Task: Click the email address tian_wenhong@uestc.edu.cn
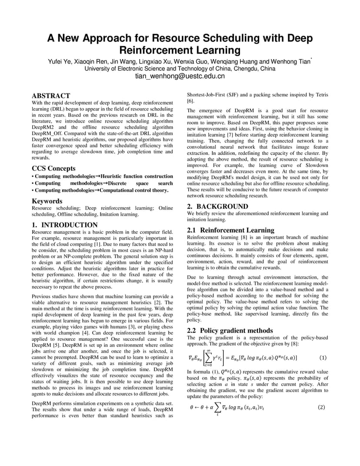point(180,77)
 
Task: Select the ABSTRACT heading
point(51,96)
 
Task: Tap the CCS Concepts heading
point(53,168)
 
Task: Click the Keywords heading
point(47,201)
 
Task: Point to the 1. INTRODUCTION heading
point(65,225)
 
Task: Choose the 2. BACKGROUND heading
point(217,206)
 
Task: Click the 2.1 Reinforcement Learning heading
point(230,230)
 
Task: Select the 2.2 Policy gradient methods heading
point(230,330)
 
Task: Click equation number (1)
point(323,358)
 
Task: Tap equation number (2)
point(321,408)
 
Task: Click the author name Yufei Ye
point(60,62)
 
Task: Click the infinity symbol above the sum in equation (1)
point(209,350)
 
